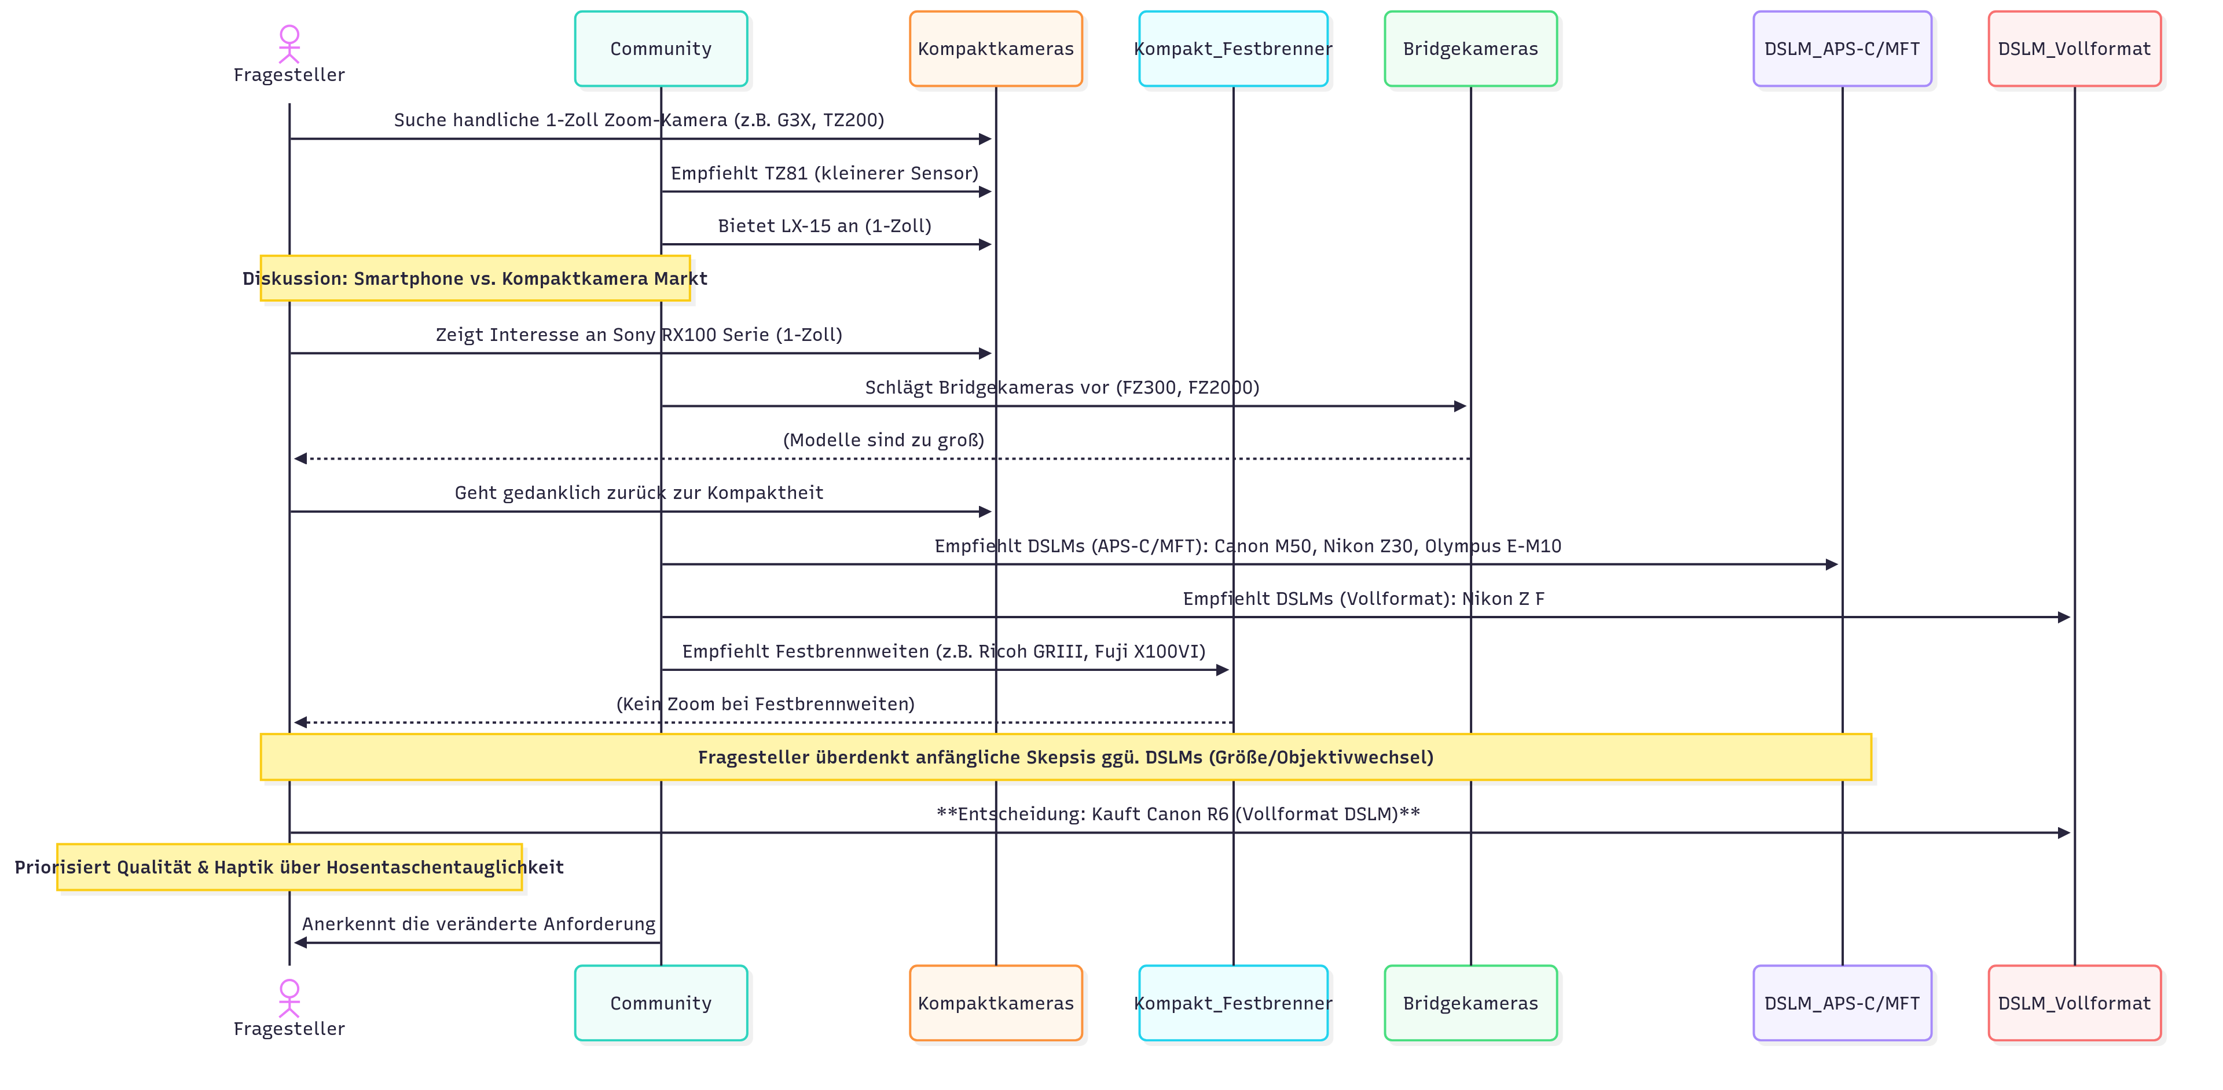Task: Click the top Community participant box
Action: pos(661,49)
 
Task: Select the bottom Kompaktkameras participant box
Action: pos(995,1003)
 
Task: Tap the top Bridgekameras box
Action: pos(1470,49)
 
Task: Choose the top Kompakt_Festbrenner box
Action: pos(1232,49)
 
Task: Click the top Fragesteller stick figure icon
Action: pos(289,43)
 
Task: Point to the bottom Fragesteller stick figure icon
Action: pos(289,997)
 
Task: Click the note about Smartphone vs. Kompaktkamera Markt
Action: pos(475,278)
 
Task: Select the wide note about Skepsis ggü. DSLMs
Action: pos(1065,757)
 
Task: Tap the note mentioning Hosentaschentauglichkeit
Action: pos(289,867)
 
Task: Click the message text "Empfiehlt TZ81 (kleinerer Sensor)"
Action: pos(824,173)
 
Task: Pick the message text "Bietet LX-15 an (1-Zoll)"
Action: pos(824,225)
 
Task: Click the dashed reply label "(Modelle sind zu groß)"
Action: pos(883,439)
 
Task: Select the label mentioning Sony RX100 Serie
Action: pos(639,334)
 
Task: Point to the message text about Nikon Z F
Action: pos(1363,598)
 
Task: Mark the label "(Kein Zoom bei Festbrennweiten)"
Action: pos(765,703)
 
